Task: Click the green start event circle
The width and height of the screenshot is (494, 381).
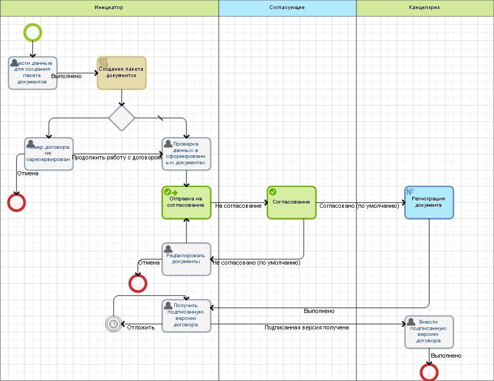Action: pos(32,32)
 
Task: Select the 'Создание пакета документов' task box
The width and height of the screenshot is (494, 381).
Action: pos(121,73)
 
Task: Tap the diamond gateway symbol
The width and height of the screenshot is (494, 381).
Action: pos(122,118)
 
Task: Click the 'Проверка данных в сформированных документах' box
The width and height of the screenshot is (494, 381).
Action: pos(186,154)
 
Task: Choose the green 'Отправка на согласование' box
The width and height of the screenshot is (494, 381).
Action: pos(186,202)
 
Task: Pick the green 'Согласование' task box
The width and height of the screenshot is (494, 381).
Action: pos(291,202)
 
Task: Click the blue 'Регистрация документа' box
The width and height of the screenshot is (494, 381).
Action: pos(429,202)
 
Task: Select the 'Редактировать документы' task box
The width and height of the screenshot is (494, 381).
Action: pos(186,259)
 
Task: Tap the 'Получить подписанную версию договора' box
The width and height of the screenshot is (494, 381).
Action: pos(186,316)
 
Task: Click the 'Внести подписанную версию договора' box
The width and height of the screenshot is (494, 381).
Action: pos(429,332)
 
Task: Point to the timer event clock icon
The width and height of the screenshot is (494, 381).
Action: pos(113,324)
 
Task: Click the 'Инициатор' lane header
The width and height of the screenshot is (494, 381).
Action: pos(109,8)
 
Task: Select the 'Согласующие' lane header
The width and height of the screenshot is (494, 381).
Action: pos(287,8)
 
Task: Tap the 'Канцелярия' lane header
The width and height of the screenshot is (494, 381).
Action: pos(424,8)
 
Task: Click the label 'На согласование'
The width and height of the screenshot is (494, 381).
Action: pos(238,206)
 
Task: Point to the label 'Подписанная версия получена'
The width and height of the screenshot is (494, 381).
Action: pos(306,327)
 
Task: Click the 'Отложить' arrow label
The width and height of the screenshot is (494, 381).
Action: pos(141,327)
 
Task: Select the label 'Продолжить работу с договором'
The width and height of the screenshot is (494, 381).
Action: pos(117,157)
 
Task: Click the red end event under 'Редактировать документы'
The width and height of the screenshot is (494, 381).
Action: pos(138,283)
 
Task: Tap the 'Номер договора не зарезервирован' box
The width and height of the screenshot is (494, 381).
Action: pos(48,154)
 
